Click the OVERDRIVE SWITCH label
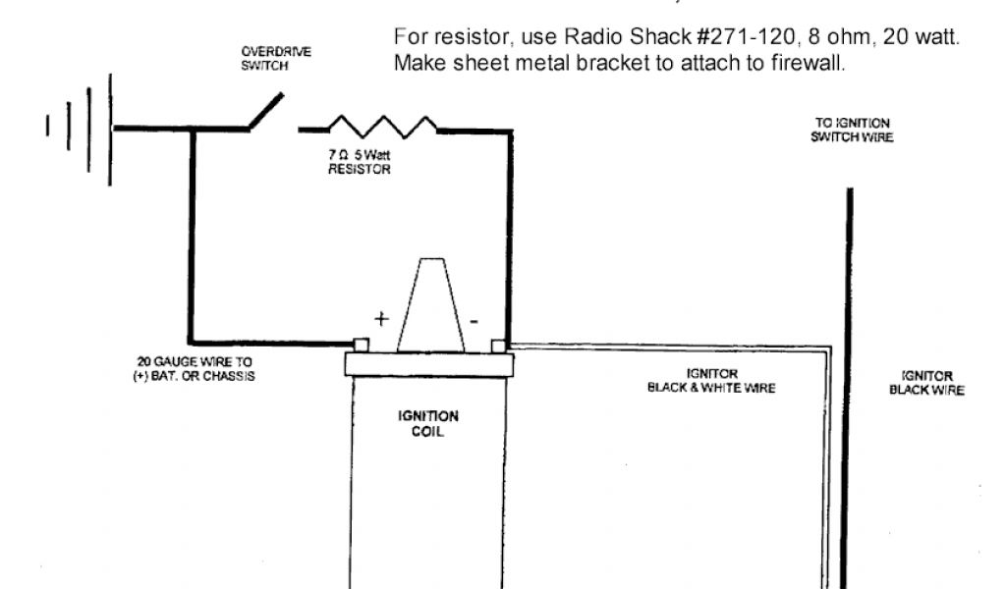pyautogui.click(x=262, y=58)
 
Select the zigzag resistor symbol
pyautogui.click(x=383, y=127)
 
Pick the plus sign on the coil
pyautogui.click(x=381, y=318)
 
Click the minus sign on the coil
pyautogui.click(x=475, y=319)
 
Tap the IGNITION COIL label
pyautogui.click(x=427, y=423)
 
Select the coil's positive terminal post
pyautogui.click(x=361, y=345)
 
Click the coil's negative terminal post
pyautogui.click(x=499, y=346)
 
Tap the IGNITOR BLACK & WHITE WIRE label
pyautogui.click(x=711, y=381)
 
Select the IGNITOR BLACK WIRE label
pyautogui.click(x=926, y=383)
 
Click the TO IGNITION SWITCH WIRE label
pyautogui.click(x=852, y=130)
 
